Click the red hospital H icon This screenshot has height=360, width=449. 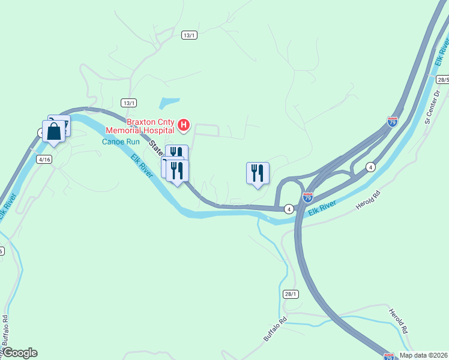pos(185,126)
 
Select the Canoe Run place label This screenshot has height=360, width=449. pos(120,142)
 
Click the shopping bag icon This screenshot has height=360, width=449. pos(53,131)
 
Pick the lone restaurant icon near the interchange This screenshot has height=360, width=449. pos(258,173)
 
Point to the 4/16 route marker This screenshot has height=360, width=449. pos(44,159)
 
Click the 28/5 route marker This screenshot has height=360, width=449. pos(443,79)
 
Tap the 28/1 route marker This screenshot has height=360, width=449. pos(291,293)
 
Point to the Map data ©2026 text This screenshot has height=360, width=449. pos(424,355)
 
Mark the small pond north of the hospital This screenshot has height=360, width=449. pos(170,103)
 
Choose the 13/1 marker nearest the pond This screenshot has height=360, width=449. pos(128,102)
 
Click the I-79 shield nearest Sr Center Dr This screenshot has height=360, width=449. pos(392,121)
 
